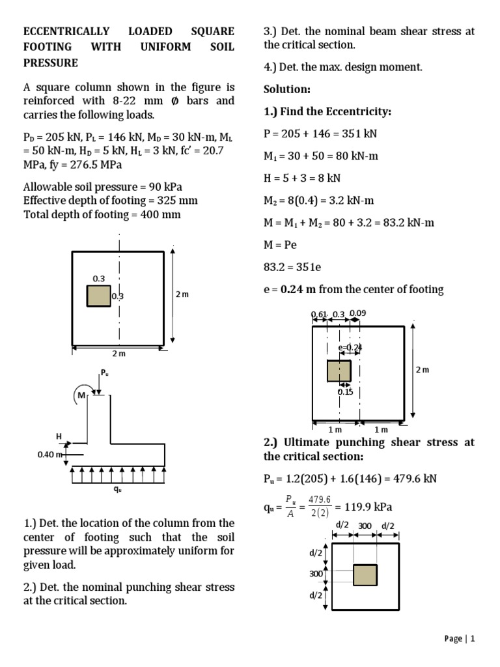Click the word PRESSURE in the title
(51, 63)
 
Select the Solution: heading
(287, 89)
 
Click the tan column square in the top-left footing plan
(99, 296)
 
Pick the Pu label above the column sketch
(104, 373)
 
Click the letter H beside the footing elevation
(59, 436)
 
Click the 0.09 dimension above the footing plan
(358, 313)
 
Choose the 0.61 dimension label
(319, 314)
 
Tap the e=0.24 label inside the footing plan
(350, 347)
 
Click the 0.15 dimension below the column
(345, 391)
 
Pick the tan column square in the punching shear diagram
(365, 575)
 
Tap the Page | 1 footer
(460, 638)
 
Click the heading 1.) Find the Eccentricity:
(327, 111)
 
